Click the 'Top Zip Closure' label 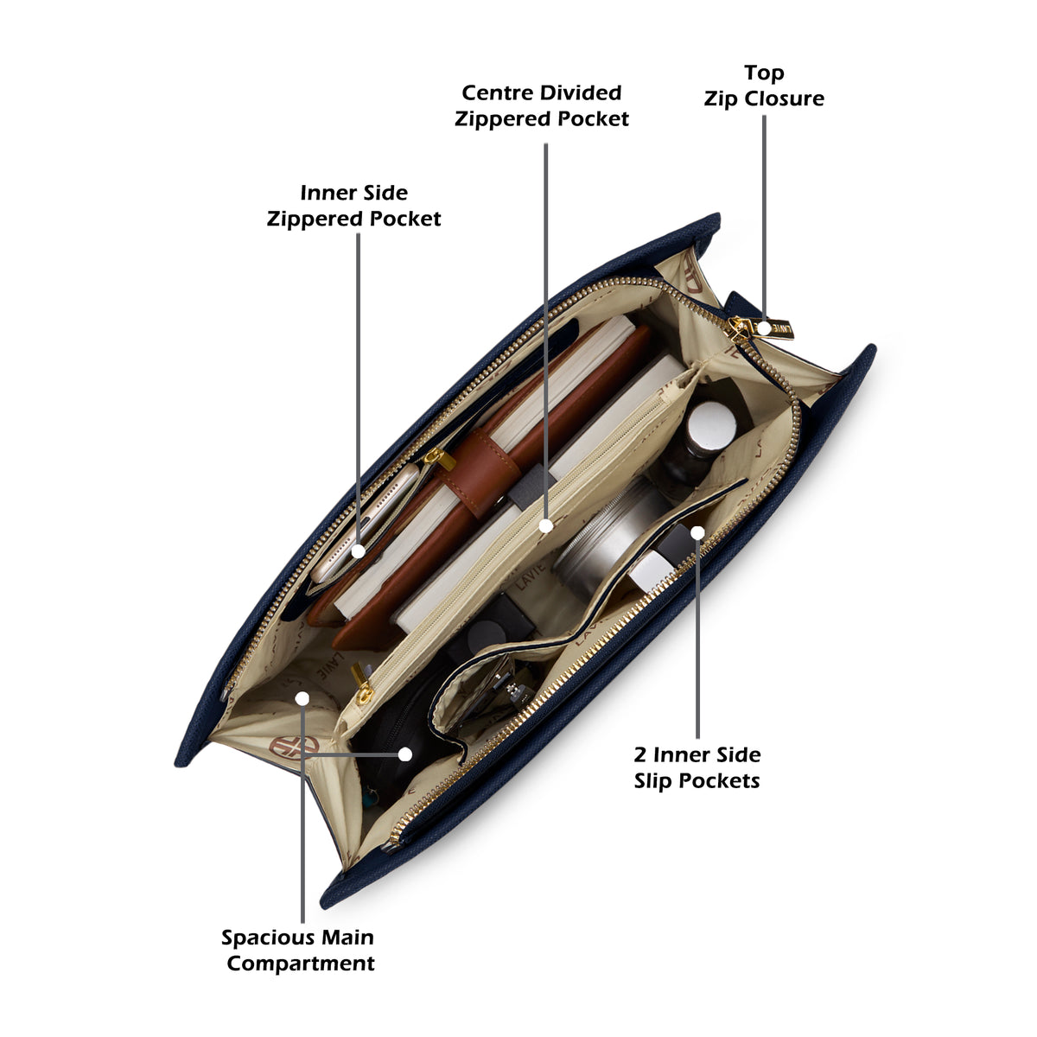pos(764,86)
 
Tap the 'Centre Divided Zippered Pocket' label pos(541,105)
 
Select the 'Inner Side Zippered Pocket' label pos(353,206)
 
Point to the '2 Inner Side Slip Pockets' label pos(697,767)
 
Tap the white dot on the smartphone pos(359,551)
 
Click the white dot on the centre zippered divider pos(545,525)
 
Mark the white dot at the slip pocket pos(697,533)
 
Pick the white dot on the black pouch pos(405,754)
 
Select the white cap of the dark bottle pos(712,423)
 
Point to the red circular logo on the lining pos(294,746)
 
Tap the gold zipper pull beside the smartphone pos(439,458)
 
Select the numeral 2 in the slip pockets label pos(639,754)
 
